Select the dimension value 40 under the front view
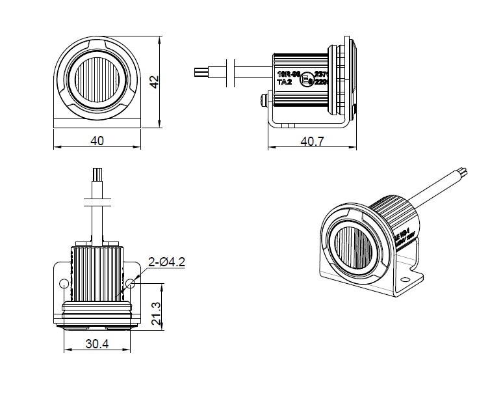(96, 139)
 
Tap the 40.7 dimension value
(313, 140)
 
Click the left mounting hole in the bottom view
(64, 284)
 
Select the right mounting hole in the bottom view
(132, 283)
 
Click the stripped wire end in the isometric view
(463, 173)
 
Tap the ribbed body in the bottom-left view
(96, 270)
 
